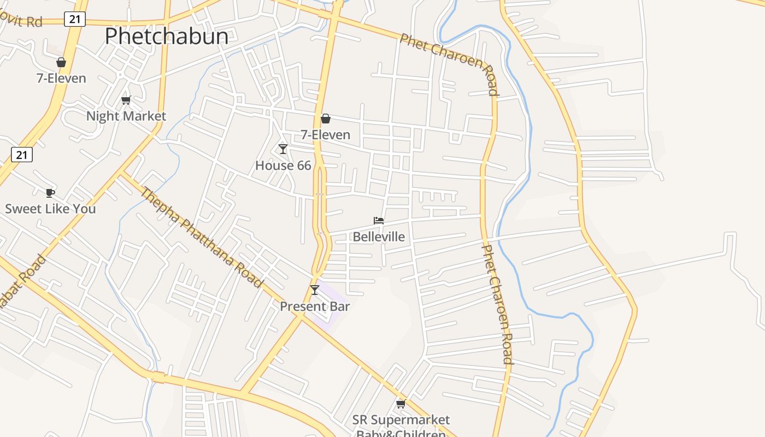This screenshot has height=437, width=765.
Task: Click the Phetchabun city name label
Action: point(166,36)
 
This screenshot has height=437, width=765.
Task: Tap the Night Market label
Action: point(126,116)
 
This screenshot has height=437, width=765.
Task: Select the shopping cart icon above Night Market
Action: point(126,100)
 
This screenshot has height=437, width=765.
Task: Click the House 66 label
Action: point(283,165)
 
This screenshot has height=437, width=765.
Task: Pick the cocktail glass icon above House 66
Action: point(283,149)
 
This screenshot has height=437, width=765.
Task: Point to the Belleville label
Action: point(379,237)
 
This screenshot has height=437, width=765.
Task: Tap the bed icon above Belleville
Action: point(379,221)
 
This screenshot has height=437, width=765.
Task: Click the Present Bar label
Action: point(315,306)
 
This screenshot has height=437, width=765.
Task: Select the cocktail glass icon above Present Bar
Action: point(315,290)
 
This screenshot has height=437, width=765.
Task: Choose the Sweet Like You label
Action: point(50,209)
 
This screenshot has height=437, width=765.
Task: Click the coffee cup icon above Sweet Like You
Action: point(50,193)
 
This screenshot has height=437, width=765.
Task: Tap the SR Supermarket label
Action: point(401,420)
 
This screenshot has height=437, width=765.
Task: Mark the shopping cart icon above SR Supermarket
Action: point(401,404)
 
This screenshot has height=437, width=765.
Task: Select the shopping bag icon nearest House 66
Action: point(326,119)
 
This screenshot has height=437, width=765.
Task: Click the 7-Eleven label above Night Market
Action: point(61,78)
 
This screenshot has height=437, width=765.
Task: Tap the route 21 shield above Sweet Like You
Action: point(22,155)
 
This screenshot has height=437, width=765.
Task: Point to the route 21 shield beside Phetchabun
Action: point(75,20)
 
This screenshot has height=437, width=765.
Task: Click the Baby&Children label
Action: point(401,433)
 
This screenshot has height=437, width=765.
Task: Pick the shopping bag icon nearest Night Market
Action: point(61,62)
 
